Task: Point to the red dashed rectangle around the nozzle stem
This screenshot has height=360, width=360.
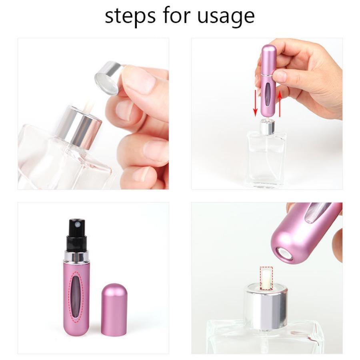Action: [266, 278]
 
